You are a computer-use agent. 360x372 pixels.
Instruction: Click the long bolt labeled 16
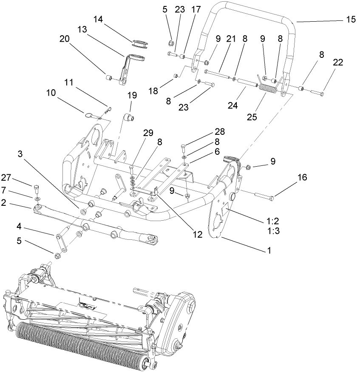pyautogui.click(x=266, y=196)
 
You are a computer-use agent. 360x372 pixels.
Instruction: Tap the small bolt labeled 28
pyautogui.click(x=183, y=148)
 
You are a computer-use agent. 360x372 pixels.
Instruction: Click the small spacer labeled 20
pyautogui.click(x=109, y=78)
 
